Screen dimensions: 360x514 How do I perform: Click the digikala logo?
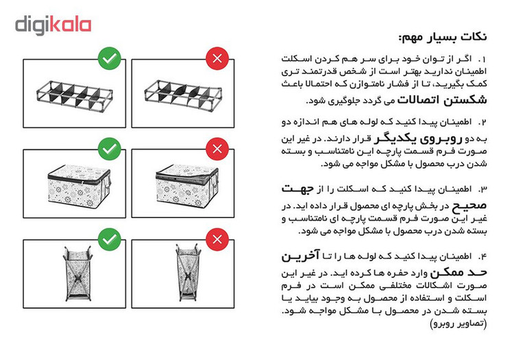click(53, 25)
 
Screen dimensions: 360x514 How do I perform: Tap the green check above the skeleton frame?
click(109, 58)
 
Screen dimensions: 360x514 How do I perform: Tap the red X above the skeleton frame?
click(217, 58)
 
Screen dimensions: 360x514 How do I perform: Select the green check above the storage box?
click(109, 148)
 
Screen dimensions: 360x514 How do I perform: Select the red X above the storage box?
click(217, 148)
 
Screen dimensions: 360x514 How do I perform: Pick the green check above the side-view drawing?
click(109, 239)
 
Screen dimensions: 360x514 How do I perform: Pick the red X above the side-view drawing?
click(217, 239)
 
